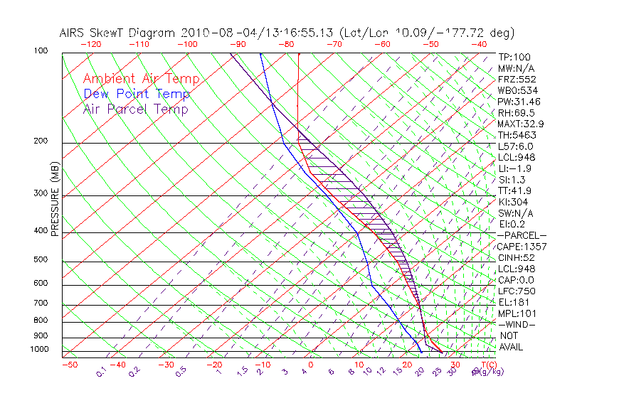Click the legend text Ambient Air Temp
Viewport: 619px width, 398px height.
tap(141, 79)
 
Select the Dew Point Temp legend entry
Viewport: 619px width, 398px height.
tap(137, 94)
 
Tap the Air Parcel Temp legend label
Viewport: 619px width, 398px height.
tap(135, 109)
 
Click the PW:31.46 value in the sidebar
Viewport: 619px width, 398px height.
tap(518, 102)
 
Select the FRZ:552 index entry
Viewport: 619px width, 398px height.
tap(517, 79)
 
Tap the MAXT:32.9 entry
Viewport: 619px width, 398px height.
tap(521, 124)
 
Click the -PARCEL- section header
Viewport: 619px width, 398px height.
tap(522, 235)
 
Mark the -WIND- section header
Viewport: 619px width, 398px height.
tap(517, 324)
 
